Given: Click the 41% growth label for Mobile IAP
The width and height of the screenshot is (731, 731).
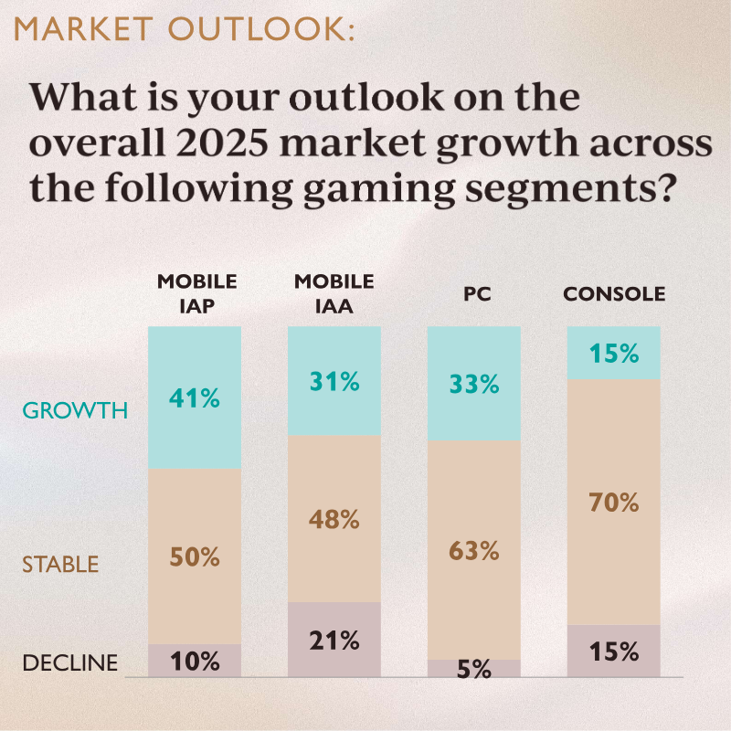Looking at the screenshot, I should (x=195, y=398).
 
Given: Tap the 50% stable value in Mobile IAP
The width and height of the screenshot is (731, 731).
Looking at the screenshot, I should (x=195, y=556).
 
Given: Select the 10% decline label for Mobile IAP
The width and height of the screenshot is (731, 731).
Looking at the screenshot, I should (x=195, y=662).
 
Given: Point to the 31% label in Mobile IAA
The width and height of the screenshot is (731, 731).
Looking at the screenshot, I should (x=334, y=380).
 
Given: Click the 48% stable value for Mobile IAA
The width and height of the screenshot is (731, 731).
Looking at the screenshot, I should (x=334, y=520).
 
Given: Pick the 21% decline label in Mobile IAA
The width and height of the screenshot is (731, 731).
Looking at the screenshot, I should (x=334, y=641).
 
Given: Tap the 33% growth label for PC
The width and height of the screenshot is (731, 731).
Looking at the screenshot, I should (x=474, y=384).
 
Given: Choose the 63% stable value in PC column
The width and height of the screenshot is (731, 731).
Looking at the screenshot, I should (x=474, y=551).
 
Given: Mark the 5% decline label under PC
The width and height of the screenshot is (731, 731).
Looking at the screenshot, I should (x=474, y=670).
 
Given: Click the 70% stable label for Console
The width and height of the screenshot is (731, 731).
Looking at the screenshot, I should (x=613, y=502).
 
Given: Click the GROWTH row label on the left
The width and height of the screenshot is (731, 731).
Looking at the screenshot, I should (x=75, y=410).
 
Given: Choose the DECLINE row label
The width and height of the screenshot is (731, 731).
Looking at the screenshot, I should (x=70, y=662).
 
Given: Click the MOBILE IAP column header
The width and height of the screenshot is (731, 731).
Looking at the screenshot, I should (x=196, y=292).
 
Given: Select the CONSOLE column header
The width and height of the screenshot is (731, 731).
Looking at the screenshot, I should (x=613, y=294).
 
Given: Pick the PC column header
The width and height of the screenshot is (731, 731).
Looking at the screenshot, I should (x=474, y=294).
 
